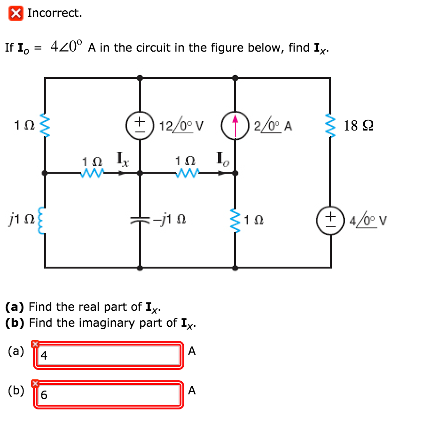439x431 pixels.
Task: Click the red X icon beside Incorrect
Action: [16, 13]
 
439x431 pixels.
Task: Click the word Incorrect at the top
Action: [55, 13]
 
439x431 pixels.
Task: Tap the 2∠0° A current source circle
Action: [235, 125]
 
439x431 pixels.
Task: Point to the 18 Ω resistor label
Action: [359, 126]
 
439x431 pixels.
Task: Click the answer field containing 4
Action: [109, 355]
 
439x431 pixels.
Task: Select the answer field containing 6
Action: [109, 395]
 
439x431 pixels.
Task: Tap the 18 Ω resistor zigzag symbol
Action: [329, 125]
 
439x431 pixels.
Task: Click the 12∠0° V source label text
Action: [181, 126]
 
